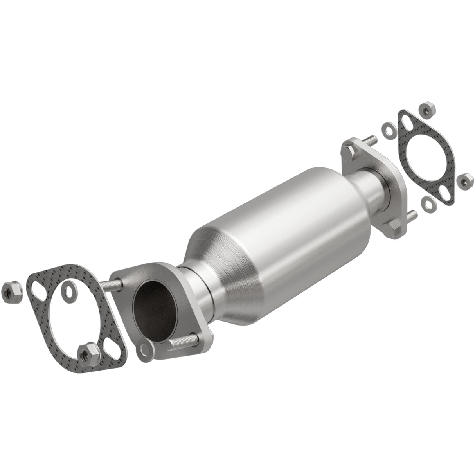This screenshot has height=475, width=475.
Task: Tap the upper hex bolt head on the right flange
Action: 349,150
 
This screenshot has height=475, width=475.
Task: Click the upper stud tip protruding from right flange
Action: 371,138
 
